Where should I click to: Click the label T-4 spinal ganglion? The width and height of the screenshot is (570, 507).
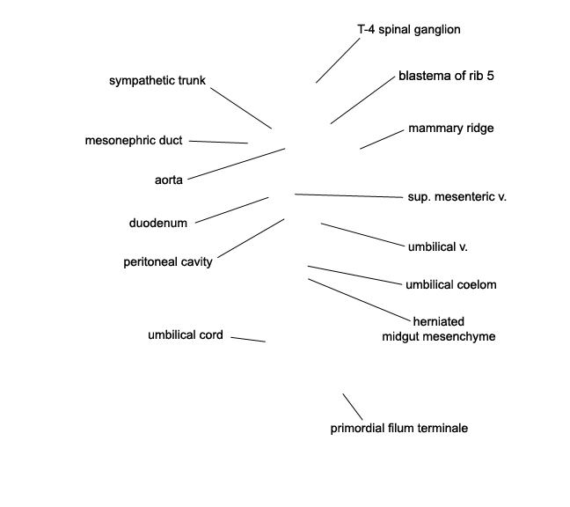click(409, 29)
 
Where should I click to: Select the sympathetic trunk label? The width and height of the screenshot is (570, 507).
click(157, 80)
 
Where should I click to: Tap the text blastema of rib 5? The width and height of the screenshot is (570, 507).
click(446, 76)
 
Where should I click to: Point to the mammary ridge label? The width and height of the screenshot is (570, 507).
click(451, 128)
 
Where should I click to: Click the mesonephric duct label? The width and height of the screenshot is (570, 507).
click(134, 140)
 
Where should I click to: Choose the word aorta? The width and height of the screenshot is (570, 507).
click(169, 180)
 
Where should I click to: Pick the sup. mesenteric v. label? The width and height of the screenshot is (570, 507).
click(457, 197)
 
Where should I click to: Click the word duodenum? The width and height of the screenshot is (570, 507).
click(158, 223)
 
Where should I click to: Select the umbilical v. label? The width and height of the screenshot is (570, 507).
click(438, 247)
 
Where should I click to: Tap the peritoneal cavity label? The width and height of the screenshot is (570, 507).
click(168, 262)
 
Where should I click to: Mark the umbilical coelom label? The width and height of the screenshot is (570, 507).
click(451, 284)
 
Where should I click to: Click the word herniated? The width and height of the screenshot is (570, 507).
click(439, 321)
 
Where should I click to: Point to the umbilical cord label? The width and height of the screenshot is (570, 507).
click(186, 335)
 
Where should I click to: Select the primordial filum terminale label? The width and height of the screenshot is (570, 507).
click(399, 428)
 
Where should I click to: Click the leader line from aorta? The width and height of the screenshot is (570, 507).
click(237, 164)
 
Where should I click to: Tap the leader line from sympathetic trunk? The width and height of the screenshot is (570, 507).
click(241, 108)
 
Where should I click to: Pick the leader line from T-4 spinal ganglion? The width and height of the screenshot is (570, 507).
click(338, 61)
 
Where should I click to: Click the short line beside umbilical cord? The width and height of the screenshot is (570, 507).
click(248, 340)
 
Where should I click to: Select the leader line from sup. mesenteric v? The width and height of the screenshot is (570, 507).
click(349, 195)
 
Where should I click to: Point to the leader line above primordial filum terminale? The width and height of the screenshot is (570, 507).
click(353, 407)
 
